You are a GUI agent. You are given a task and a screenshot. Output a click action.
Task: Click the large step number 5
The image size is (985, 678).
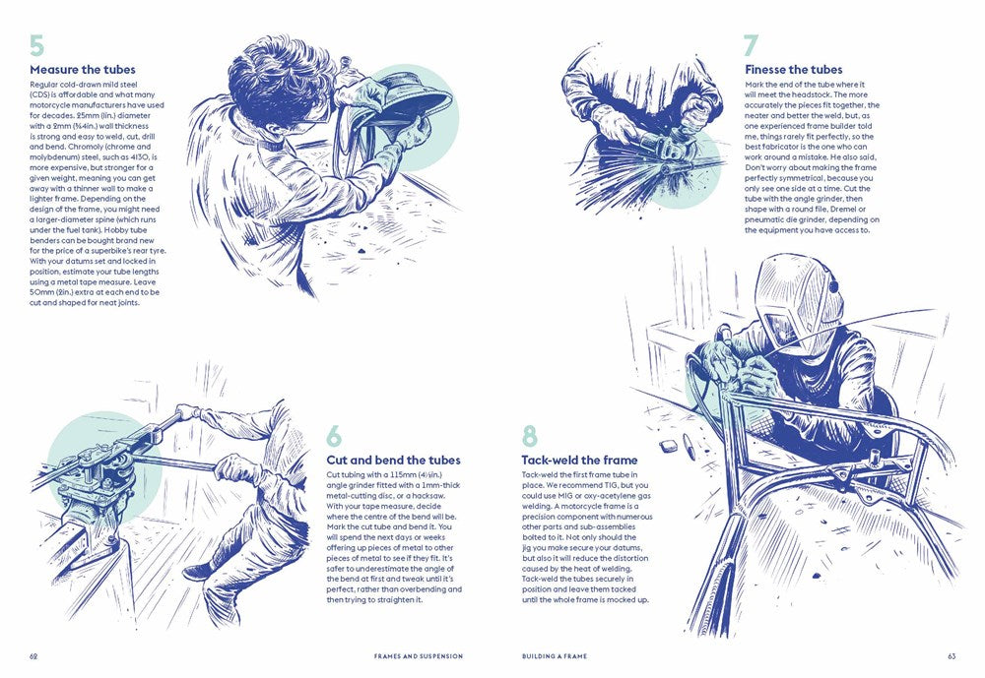pos(37,46)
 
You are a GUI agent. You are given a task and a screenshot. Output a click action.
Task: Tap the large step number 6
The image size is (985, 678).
pos(335,436)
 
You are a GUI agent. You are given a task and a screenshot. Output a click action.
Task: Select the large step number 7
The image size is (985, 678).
pos(752,46)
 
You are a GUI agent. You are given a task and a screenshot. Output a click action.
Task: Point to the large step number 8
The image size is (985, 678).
pos(530,436)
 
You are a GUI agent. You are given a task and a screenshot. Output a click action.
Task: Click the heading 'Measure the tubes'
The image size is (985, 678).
pos(83,70)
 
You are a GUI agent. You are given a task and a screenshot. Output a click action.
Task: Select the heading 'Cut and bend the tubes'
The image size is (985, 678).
pos(393,461)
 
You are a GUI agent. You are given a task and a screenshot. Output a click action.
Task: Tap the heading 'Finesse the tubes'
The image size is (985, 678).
pos(793,70)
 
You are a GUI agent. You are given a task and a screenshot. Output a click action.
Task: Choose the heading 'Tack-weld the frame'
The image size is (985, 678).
pos(579,461)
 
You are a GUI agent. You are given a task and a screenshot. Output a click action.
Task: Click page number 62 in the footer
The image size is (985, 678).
pos(33,656)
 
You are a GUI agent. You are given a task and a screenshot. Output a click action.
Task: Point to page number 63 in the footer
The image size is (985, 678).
pos(952,656)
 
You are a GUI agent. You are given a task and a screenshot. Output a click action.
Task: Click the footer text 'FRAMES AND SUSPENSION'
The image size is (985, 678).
pos(419,656)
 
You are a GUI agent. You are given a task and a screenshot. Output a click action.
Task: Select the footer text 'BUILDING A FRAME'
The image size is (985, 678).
pos(555,656)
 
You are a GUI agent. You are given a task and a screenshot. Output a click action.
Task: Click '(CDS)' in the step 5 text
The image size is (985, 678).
pos(38,94)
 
